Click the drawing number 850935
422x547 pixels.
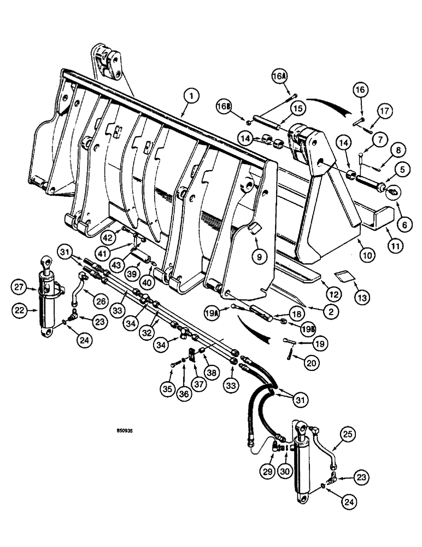pos(124,430)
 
